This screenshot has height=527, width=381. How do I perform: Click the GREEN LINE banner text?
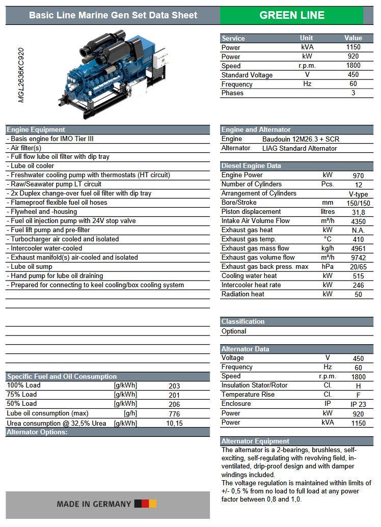click(292, 15)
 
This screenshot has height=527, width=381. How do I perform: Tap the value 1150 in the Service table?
click(353, 47)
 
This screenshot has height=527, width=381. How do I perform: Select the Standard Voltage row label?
click(247, 75)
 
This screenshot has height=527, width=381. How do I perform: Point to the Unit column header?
click(307, 38)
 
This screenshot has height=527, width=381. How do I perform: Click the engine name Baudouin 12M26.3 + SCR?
click(301, 139)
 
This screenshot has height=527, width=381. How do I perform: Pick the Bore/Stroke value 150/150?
click(358, 203)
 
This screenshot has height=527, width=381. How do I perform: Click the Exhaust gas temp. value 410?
click(358, 240)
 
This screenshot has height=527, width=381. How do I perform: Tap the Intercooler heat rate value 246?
click(358, 286)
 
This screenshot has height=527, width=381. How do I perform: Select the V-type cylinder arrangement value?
click(358, 194)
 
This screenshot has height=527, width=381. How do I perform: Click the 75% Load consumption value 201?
click(174, 395)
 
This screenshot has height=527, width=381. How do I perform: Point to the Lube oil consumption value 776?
click(174, 414)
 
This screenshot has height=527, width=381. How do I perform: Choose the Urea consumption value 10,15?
click(174, 423)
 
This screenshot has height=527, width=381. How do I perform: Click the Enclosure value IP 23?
click(358, 405)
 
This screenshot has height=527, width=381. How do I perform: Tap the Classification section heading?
click(243, 322)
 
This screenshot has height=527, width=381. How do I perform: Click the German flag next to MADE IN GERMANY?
click(145, 504)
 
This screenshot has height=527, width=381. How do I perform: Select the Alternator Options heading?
click(37, 432)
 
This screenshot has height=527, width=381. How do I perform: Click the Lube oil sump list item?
click(32, 266)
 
